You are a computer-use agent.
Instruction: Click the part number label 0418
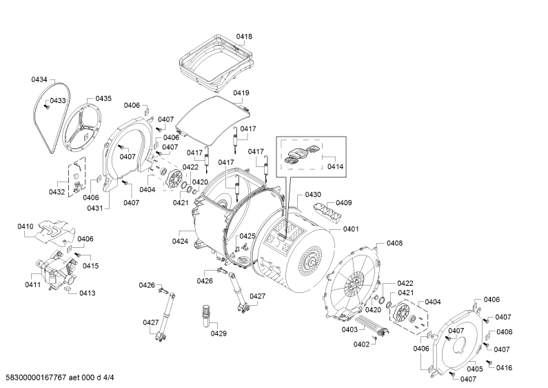[244, 37]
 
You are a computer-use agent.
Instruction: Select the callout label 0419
[241, 93]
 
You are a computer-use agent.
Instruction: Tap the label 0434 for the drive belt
[39, 79]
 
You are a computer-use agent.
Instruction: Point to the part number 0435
[103, 99]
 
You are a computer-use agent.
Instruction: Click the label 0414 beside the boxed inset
[335, 166]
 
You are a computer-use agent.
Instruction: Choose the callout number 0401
[351, 229]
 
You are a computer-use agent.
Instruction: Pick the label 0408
[394, 243]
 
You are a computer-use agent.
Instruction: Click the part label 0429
[219, 333]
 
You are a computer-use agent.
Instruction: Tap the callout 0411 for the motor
[32, 284]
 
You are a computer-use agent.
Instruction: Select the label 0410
[26, 226]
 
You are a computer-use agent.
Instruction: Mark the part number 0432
[57, 192]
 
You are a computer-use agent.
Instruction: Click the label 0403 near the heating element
[349, 329]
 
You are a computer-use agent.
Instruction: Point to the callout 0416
[504, 368]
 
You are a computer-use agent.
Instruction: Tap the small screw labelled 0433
[45, 107]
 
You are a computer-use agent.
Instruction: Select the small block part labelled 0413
[66, 288]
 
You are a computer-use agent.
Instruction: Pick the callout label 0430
[313, 195]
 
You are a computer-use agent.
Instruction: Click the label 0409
[344, 203]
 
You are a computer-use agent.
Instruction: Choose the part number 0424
[180, 241]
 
